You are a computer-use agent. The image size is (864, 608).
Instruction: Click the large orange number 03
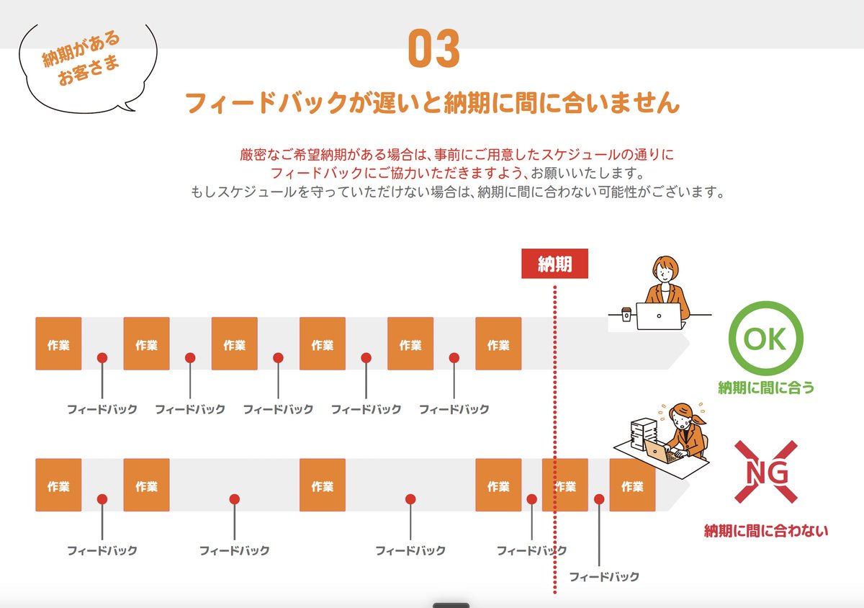[x=433, y=49]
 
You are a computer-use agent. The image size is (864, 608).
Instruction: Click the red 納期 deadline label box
[x=554, y=264]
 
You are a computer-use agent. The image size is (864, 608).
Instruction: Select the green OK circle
[x=765, y=338]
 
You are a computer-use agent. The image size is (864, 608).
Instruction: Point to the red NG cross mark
[x=765, y=472]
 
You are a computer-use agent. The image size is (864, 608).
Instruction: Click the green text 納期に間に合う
[x=766, y=388]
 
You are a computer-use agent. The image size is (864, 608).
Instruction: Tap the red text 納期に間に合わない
[x=766, y=532]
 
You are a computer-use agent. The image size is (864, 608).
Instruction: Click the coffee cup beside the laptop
[x=626, y=314]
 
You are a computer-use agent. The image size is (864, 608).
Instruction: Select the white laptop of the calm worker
[x=659, y=316]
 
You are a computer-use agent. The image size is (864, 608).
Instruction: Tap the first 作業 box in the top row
[x=58, y=344]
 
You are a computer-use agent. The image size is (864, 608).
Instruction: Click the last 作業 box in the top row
[x=498, y=344]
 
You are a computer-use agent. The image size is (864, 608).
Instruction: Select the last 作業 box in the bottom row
[x=632, y=485]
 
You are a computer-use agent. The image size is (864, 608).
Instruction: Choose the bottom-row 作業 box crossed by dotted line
[x=566, y=485]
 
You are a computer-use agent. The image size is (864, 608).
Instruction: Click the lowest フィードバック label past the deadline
[x=604, y=576]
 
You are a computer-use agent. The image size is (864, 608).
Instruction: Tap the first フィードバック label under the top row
[x=102, y=409]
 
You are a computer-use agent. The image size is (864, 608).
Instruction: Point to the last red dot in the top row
[x=454, y=357]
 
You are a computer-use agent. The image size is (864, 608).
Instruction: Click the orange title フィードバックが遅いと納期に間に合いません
[x=432, y=103]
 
